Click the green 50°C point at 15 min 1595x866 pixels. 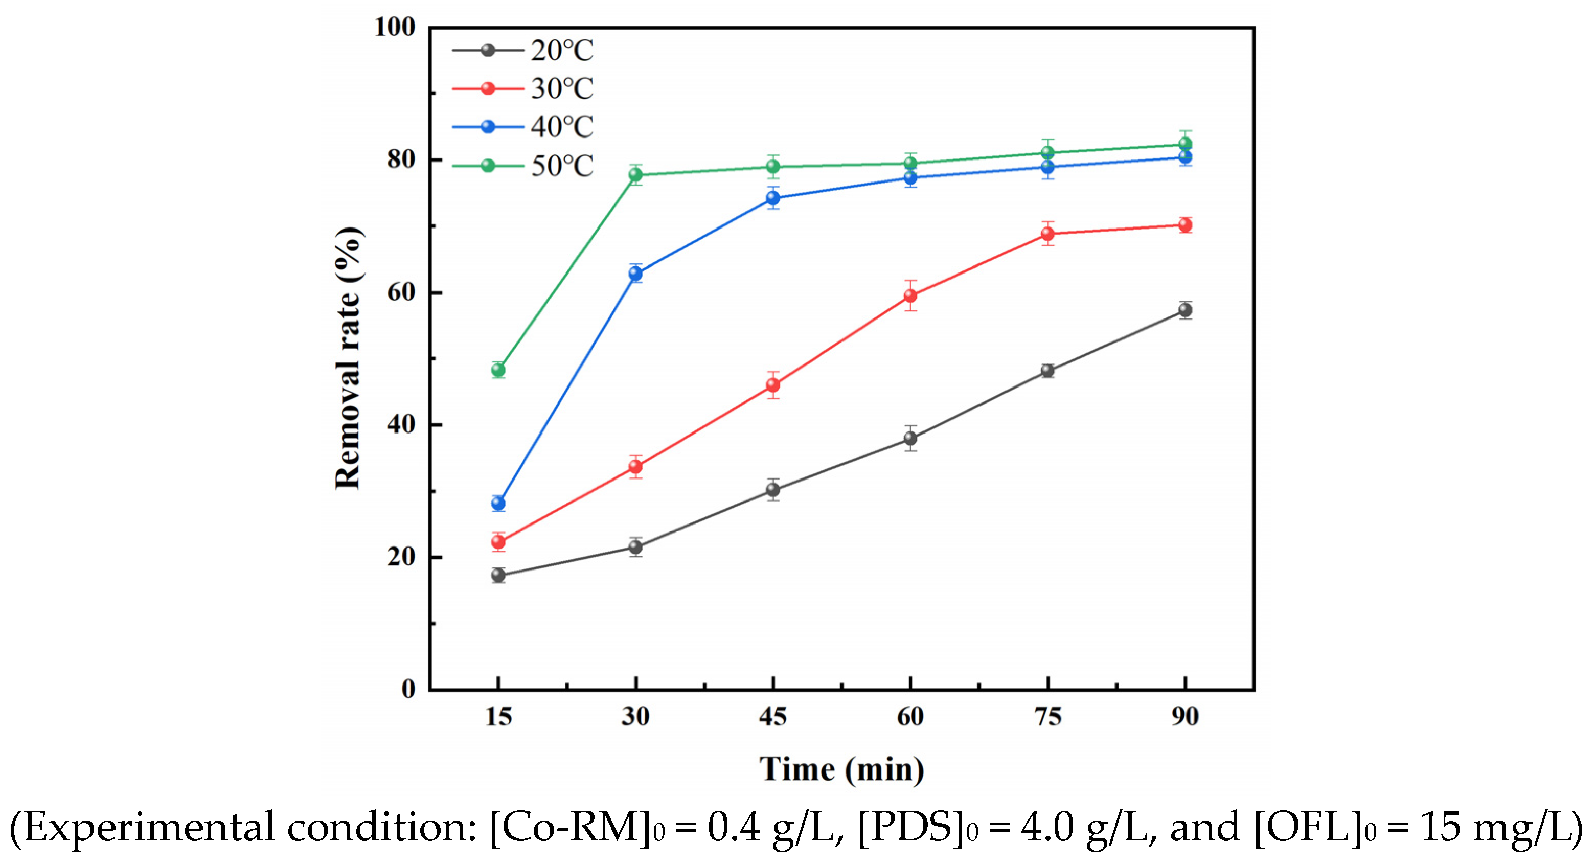[x=498, y=370]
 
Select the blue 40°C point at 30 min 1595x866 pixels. [x=636, y=273]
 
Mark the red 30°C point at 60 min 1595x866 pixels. [x=910, y=296]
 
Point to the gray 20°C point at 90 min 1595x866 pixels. [x=1185, y=310]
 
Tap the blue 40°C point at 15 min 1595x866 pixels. [x=498, y=503]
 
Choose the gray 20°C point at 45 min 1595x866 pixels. [x=773, y=490]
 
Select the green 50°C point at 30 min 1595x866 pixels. [x=636, y=174]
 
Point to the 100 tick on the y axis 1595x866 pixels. [x=395, y=27]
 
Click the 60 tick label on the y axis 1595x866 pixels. [x=401, y=292]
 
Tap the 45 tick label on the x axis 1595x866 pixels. [x=773, y=717]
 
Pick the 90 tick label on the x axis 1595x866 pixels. [x=1185, y=717]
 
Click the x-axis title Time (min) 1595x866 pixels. [x=842, y=769]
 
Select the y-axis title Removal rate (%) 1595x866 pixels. [x=348, y=358]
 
